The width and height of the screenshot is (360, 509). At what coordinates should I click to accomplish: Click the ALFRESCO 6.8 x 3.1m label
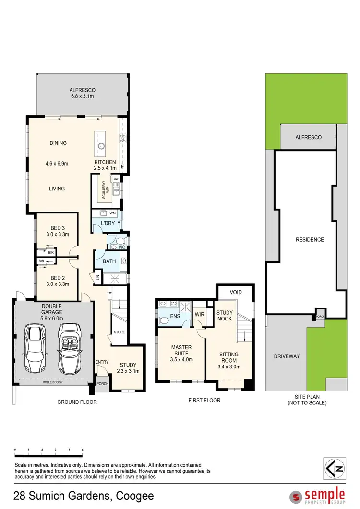82,93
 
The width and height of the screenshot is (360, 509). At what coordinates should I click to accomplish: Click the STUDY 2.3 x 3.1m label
128,367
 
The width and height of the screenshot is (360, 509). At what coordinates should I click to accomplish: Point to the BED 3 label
57,231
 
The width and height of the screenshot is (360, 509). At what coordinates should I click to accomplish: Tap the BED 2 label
57,281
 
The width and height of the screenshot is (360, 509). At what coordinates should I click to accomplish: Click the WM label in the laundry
112,213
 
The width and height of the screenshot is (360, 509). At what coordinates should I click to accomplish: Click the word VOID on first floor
236,292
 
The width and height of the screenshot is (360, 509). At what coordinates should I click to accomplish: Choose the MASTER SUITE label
181,350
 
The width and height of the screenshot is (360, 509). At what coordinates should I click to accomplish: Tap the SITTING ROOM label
228,357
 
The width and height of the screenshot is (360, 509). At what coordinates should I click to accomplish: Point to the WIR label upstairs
200,315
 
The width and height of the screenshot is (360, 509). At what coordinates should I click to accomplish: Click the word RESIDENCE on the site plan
310,240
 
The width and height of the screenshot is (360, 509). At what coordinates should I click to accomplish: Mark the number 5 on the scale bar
83,450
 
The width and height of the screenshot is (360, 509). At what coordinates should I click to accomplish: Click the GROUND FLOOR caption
77,402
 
